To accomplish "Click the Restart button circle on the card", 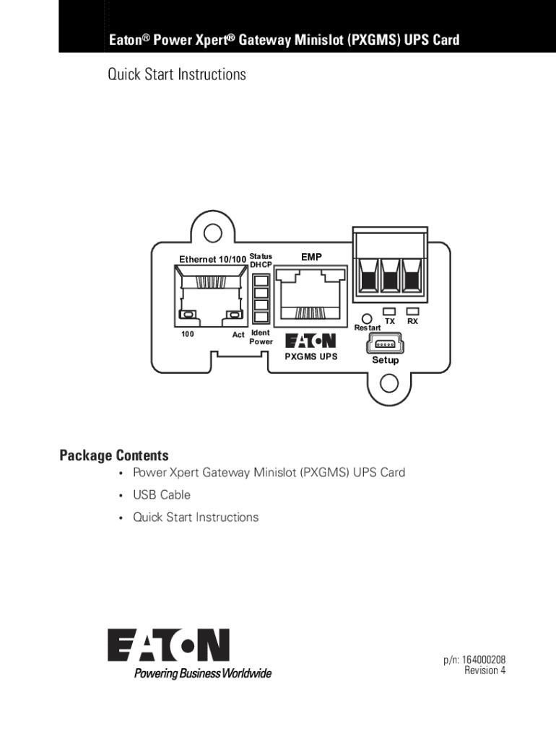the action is coord(366,319).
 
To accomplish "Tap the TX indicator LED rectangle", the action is coord(389,312).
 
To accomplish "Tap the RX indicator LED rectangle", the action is coord(412,312).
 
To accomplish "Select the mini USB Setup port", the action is coord(386,344).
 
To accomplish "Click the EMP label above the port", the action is coord(311,257).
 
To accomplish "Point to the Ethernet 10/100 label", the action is coord(213,259).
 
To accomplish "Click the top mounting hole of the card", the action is coord(213,233).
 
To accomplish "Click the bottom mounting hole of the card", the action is coord(388,383).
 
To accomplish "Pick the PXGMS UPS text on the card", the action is coord(311,357).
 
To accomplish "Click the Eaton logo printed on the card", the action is coord(310,341).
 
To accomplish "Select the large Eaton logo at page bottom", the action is coord(168,644).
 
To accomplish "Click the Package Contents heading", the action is coord(114,455).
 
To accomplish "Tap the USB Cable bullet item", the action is coord(162,495).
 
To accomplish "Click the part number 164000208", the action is coord(483,660).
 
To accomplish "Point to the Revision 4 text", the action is coord(485,670).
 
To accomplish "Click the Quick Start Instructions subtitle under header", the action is coord(177,74).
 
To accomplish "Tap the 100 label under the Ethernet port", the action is coord(188,334).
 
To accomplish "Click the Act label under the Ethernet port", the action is coord(238,335).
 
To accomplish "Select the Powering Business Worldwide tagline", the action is coord(203,673).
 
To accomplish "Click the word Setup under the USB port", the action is coord(386,360).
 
